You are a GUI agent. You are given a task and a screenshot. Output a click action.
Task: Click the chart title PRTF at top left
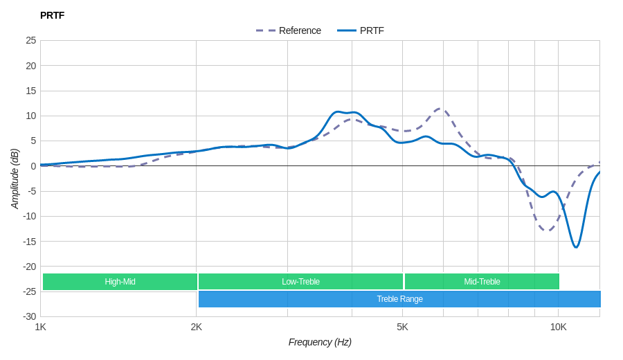pos(52,15)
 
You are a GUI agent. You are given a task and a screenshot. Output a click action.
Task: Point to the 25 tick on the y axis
pos(31,40)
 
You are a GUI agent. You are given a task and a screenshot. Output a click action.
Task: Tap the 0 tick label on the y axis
pos(33,166)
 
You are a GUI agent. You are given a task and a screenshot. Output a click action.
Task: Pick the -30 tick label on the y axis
pos(29,316)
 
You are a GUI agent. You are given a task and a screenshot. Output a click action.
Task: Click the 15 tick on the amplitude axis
pos(31,91)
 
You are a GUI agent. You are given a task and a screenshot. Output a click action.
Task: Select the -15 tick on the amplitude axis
pos(29,241)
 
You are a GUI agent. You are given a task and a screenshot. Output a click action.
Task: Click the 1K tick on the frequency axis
pos(41,327)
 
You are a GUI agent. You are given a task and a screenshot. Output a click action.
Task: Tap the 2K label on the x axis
pos(197,327)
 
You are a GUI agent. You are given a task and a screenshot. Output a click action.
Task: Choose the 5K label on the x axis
pos(402,327)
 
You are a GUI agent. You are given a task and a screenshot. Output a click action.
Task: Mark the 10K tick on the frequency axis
pos(558,327)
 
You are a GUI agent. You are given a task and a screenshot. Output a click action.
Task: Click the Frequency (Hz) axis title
pos(320,342)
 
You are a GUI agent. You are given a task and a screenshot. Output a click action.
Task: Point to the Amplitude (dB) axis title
pos(15,179)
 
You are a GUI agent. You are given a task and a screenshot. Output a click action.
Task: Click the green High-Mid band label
pos(120,282)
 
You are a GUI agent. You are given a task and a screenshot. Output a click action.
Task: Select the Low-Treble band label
pos(300,282)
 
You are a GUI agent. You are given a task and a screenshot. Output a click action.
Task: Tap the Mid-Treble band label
pos(482,282)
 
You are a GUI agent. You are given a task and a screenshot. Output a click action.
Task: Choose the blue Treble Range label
pos(399,299)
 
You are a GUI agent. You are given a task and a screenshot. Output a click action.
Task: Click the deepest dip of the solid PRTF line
pos(576,247)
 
